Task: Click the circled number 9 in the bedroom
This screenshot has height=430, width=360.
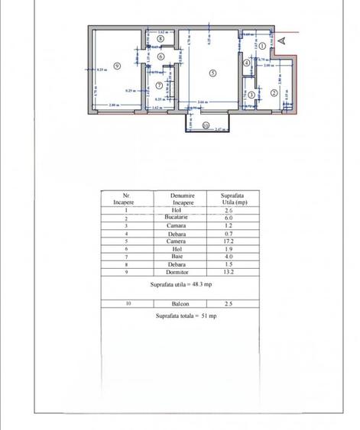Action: click(116, 66)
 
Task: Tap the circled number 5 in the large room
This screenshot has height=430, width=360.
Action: click(212, 73)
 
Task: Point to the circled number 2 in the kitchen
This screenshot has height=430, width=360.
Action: click(274, 93)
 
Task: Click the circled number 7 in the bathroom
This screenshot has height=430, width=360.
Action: click(159, 85)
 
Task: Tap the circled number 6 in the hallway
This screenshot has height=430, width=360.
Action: click(161, 56)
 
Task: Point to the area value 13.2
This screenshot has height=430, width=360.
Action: click(233, 271)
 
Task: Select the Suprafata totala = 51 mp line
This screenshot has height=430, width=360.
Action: click(186, 315)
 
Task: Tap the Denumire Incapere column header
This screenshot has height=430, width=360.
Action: click(182, 199)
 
